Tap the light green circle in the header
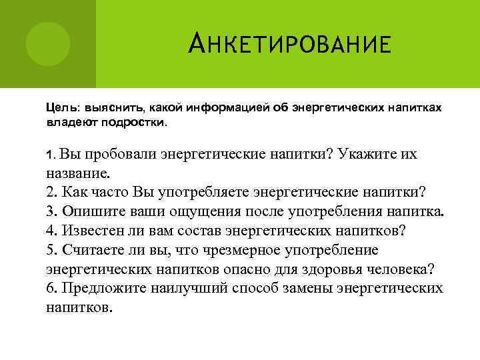[48, 43]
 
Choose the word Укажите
[365, 155]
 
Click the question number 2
[51, 192]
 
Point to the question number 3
[51, 211]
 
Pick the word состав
[198, 231]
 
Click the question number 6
[51, 289]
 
